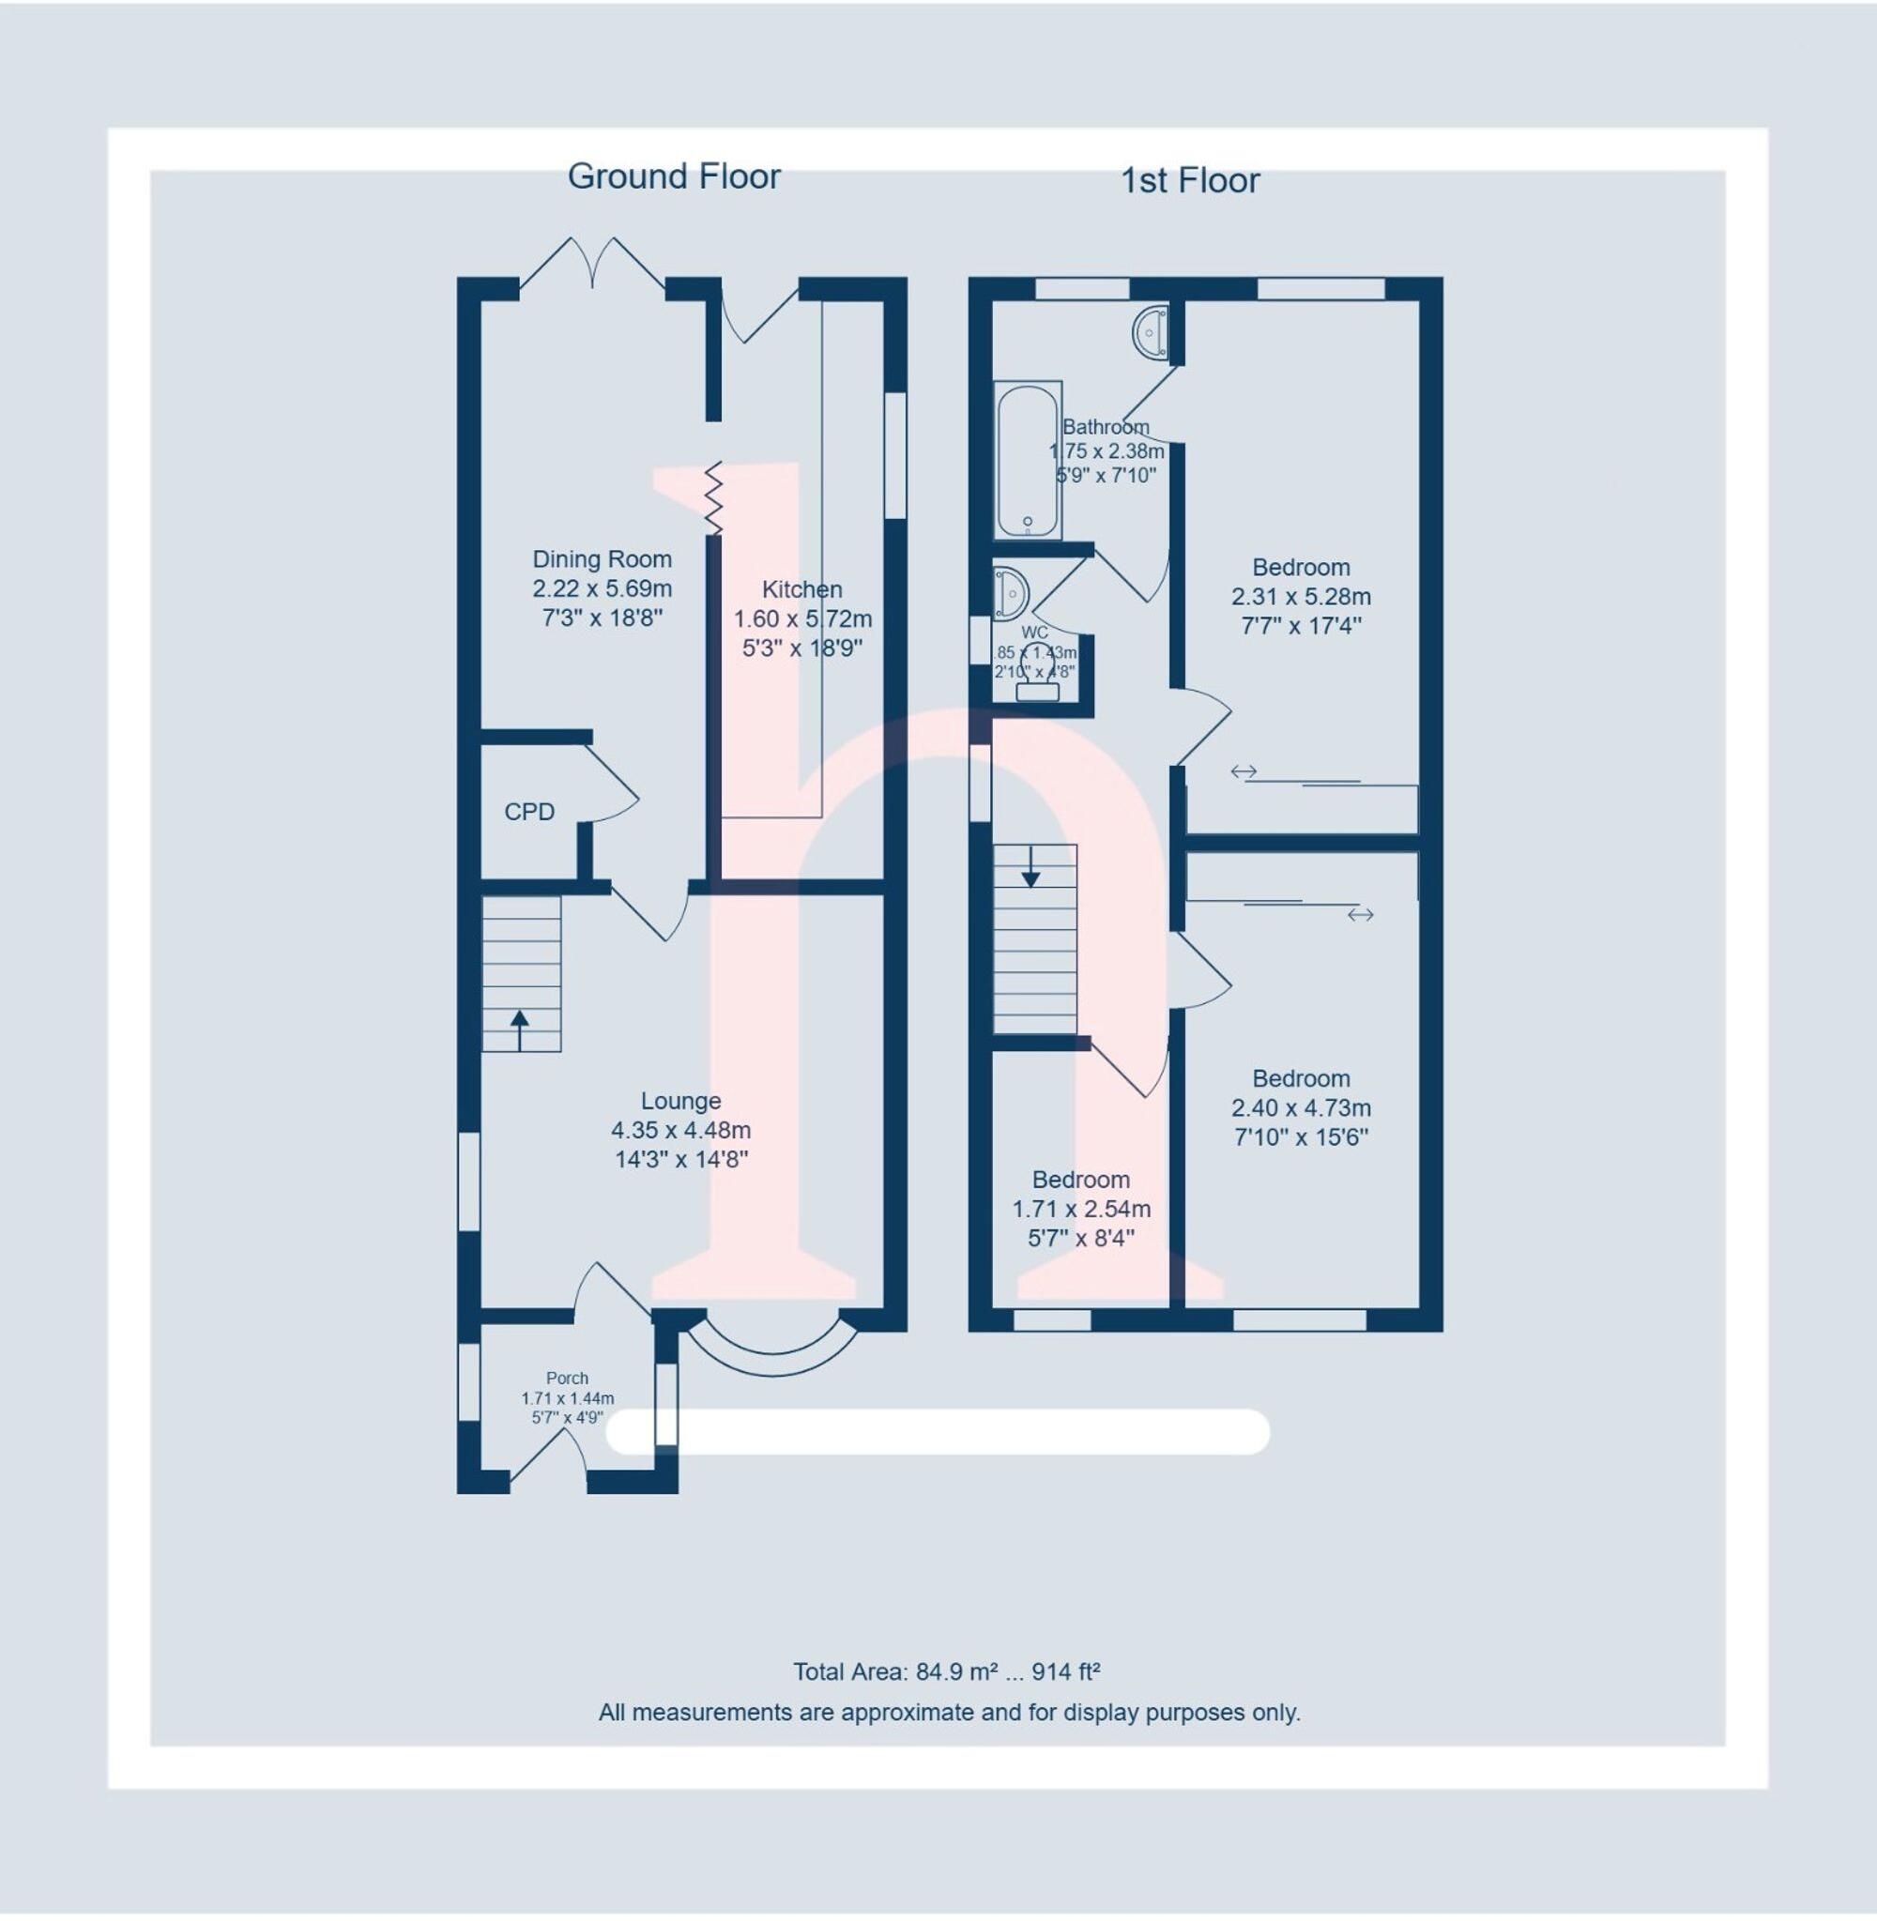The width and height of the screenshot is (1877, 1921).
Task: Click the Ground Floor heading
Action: [x=673, y=177]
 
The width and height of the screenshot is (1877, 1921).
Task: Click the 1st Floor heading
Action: [x=1190, y=181]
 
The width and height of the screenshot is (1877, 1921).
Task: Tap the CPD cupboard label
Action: [x=529, y=811]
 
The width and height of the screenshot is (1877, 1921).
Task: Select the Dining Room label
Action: [x=602, y=559]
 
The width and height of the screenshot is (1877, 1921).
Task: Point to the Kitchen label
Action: [x=801, y=589]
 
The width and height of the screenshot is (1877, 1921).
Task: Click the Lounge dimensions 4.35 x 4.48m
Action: [x=680, y=1131]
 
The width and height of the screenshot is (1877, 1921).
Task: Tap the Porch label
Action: [x=567, y=1378]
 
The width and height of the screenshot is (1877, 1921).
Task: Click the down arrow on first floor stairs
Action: [x=1030, y=868]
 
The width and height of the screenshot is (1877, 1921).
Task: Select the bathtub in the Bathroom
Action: [x=1029, y=460]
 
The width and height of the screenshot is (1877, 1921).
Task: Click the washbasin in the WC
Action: [x=1010, y=592]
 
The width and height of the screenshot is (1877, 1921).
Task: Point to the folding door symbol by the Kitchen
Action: [x=712, y=497]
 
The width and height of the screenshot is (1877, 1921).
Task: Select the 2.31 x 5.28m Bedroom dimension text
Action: [x=1301, y=596]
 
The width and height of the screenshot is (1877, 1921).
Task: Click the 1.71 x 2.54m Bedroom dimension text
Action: [x=1080, y=1209]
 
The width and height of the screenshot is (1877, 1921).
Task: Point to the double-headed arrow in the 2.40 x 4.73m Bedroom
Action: [x=1361, y=915]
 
